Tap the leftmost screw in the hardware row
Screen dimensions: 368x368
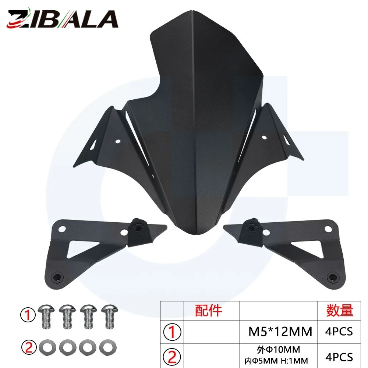[x=46, y=316]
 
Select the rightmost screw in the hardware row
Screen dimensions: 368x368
[x=109, y=316]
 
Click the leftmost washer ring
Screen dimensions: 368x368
[x=47, y=347]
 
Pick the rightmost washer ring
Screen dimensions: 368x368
[x=108, y=347]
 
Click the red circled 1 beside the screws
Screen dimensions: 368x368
[x=28, y=315]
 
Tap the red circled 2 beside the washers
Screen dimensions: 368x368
[x=29, y=347]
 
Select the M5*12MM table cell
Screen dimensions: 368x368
[x=280, y=332]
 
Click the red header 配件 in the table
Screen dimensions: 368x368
[x=208, y=310]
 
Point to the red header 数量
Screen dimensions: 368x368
[x=340, y=310]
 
